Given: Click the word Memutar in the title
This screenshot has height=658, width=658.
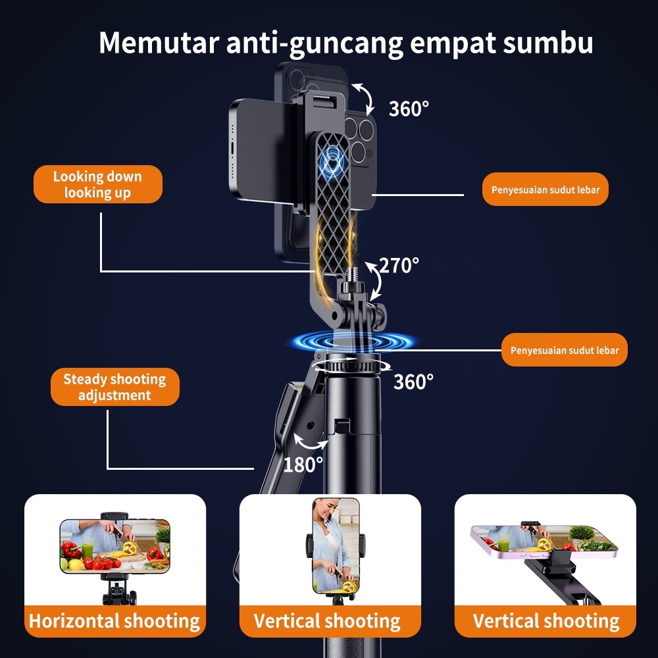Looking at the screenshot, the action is (159, 42).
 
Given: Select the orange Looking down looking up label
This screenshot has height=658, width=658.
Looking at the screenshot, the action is (97, 184).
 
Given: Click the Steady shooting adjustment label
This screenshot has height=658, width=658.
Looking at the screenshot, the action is (114, 387).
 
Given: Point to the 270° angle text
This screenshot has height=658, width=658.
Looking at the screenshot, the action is (399, 266).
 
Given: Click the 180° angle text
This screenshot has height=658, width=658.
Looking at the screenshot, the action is (303, 465).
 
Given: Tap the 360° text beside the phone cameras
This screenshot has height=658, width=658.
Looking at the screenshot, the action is (409, 109).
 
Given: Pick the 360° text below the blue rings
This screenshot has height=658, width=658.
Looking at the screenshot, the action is (413, 382).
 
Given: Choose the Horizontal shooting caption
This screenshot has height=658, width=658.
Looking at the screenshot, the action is (114, 620).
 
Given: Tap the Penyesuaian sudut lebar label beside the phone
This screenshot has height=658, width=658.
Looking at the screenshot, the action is (545, 190).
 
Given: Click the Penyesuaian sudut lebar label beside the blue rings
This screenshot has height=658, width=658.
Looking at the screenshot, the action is (565, 350).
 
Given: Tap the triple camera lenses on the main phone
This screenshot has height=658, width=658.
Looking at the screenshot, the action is (359, 138).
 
